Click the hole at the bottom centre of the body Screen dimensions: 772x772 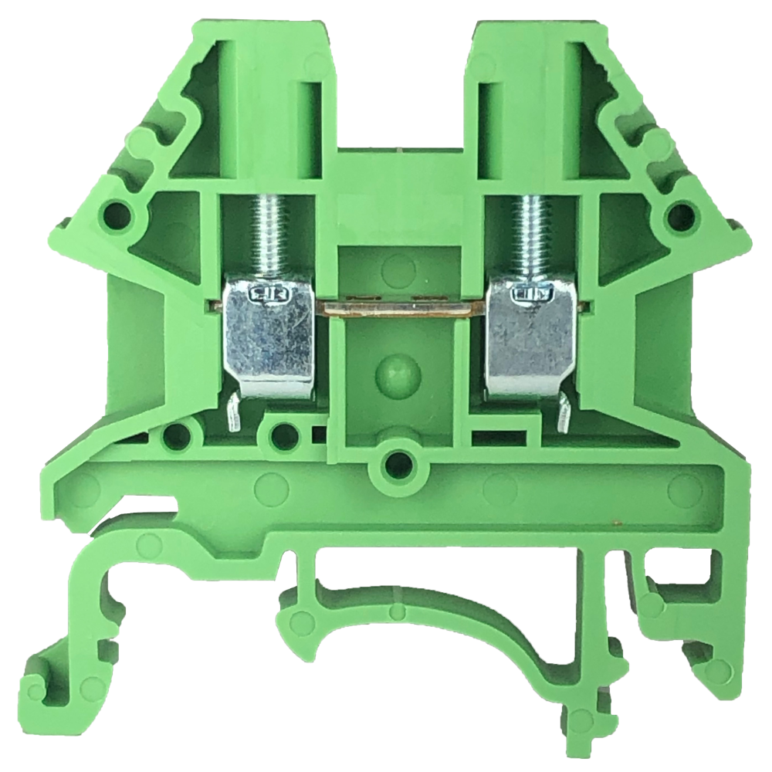click(398, 464)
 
